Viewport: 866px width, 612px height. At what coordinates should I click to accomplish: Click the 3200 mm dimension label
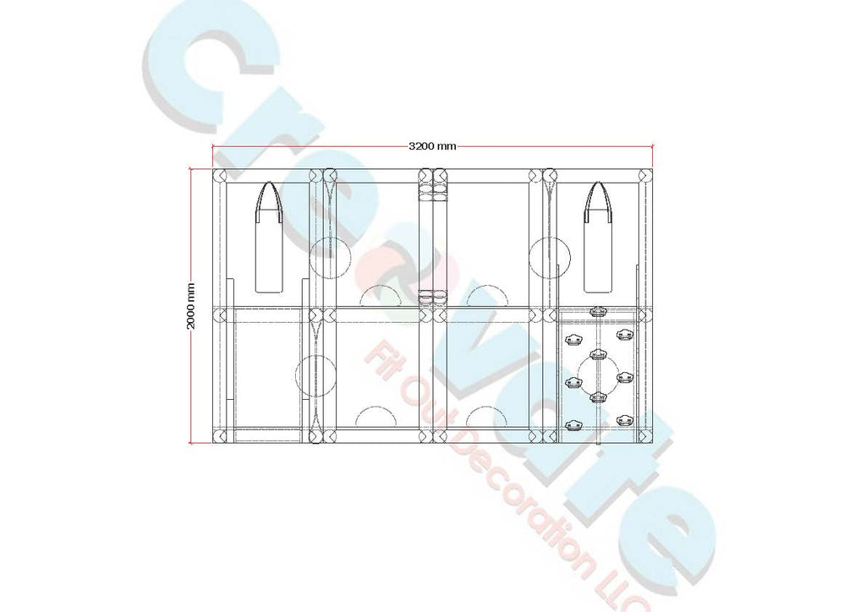point(432,146)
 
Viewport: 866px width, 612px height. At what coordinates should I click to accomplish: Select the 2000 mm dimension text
point(191,306)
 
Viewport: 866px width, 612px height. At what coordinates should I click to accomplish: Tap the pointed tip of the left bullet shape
point(269,183)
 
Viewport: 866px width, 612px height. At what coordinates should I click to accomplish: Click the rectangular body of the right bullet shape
point(600,257)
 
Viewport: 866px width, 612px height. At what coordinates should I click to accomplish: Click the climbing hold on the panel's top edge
point(598,311)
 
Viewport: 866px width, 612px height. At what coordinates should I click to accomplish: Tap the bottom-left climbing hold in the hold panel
point(573,424)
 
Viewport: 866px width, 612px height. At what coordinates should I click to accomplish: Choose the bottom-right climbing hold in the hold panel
point(624,421)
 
